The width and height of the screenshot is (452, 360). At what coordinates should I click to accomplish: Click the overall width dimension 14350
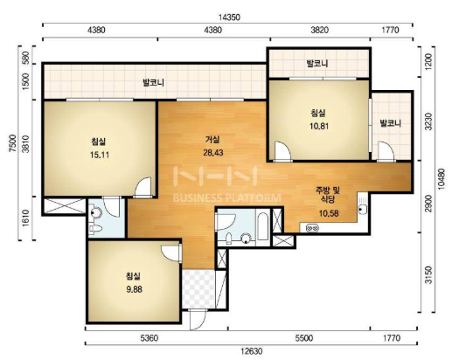[x=229, y=17]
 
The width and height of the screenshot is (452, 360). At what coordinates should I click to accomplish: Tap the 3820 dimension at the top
[x=320, y=30]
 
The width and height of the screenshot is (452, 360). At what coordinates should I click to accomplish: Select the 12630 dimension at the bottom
[x=252, y=351]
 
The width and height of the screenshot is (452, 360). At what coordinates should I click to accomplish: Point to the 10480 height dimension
[x=442, y=179]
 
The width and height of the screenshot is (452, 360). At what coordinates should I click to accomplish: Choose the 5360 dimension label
[x=150, y=338]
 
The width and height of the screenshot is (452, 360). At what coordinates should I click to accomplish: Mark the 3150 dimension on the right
[x=428, y=274]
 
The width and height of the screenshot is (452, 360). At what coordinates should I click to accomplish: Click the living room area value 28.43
[x=213, y=152]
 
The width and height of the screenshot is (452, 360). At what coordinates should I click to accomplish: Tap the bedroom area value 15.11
[x=100, y=155]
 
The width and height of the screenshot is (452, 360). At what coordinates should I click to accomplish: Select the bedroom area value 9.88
[x=134, y=289]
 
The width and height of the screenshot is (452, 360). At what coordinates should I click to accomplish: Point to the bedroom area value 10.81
[x=319, y=126]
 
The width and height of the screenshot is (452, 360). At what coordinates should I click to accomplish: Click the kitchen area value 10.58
[x=329, y=213]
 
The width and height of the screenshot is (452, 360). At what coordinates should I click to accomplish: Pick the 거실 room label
[x=212, y=140]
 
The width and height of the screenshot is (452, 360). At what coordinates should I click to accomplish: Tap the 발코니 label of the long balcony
[x=153, y=82]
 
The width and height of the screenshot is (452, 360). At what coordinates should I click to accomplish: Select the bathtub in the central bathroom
[x=262, y=226]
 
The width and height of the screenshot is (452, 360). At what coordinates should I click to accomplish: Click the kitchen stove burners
[x=312, y=228]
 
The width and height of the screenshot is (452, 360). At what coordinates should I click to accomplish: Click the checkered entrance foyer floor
[x=198, y=288]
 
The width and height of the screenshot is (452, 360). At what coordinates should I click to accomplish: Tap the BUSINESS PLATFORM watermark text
[x=227, y=198]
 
